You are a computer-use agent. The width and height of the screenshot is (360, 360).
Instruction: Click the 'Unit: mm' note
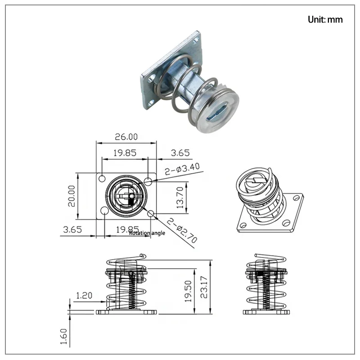(x=325, y=19)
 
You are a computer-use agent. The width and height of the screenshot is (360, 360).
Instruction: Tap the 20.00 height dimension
(x=71, y=195)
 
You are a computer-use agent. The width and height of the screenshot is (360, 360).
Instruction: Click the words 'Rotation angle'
(x=147, y=233)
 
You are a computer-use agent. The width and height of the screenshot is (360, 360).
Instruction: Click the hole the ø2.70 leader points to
(x=151, y=213)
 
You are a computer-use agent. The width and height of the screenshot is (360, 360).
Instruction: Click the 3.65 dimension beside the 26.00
(x=180, y=153)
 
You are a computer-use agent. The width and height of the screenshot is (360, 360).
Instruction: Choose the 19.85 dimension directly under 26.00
(x=125, y=153)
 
